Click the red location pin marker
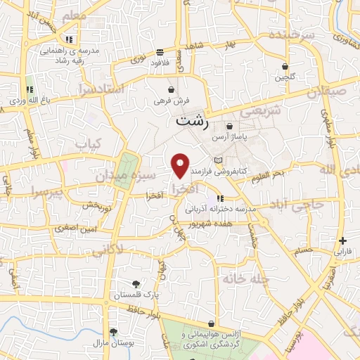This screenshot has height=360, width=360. (181, 165)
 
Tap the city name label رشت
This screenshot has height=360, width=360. (192, 120)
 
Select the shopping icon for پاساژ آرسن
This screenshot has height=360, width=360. (229, 127)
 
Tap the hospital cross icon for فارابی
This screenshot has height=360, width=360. (342, 240)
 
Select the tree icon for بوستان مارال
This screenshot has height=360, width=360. (112, 332)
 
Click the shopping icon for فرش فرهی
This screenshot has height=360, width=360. (172, 90)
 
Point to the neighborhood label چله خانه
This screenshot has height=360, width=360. (246, 278)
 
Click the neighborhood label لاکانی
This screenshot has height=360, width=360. (107, 248)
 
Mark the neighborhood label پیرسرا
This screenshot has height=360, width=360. (47, 192)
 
